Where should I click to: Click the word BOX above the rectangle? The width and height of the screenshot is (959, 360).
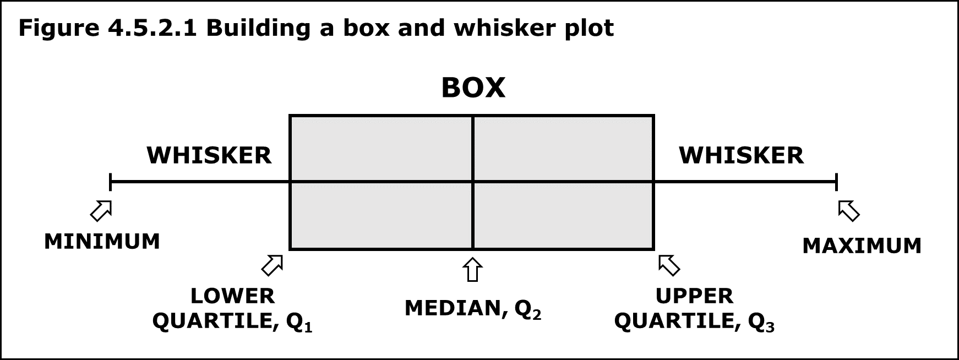pyautogui.click(x=473, y=88)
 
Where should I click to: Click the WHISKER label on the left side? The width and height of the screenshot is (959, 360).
pyautogui.click(x=209, y=156)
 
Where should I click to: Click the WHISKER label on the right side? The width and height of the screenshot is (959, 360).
pyautogui.click(x=741, y=156)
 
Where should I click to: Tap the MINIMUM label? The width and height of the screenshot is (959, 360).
pyautogui.click(x=102, y=242)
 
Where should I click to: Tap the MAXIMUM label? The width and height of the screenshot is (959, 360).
pyautogui.click(x=862, y=246)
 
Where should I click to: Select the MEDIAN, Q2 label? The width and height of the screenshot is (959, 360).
pyautogui.click(x=473, y=308)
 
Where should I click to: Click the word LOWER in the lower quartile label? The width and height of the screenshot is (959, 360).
pyautogui.click(x=232, y=296)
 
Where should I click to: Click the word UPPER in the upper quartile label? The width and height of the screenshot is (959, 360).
pyautogui.click(x=694, y=296)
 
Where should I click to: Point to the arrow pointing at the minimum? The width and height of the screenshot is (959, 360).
pyautogui.click(x=101, y=210)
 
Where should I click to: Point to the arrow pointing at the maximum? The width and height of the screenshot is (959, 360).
pyautogui.click(x=848, y=210)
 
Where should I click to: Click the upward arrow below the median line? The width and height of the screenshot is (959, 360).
pyautogui.click(x=472, y=270)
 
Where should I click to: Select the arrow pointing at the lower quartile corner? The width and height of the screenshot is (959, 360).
pyautogui.click(x=272, y=265)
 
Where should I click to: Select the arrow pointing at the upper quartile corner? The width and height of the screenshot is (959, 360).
pyautogui.click(x=669, y=265)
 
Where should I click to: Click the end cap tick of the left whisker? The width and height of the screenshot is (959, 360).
pyautogui.click(x=111, y=181)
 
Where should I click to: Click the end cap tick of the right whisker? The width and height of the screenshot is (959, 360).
pyautogui.click(x=836, y=181)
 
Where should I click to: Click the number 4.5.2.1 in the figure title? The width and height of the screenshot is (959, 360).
pyautogui.click(x=151, y=28)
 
